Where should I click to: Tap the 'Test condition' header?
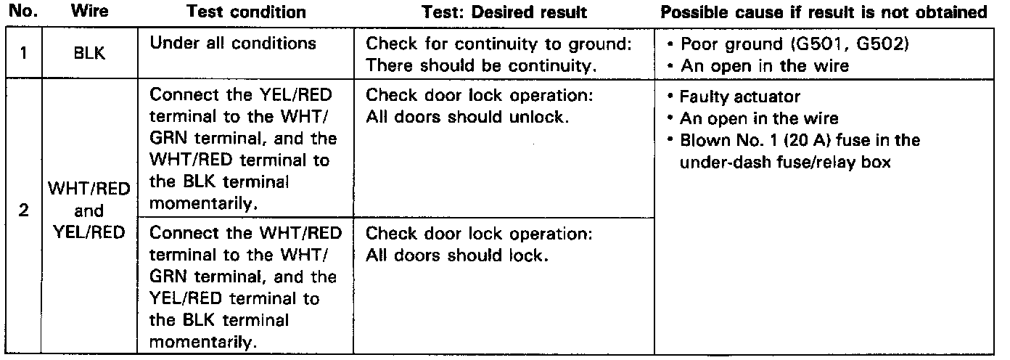pyautogui.click(x=246, y=12)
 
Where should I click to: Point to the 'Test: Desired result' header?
pyautogui.click(x=504, y=12)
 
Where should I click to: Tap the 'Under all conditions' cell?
pyautogui.click(x=232, y=44)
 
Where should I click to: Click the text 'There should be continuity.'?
pyautogui.click(x=481, y=65)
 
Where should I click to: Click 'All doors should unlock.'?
pyautogui.click(x=465, y=118)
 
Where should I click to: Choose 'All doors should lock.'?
pyautogui.click(x=456, y=255)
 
